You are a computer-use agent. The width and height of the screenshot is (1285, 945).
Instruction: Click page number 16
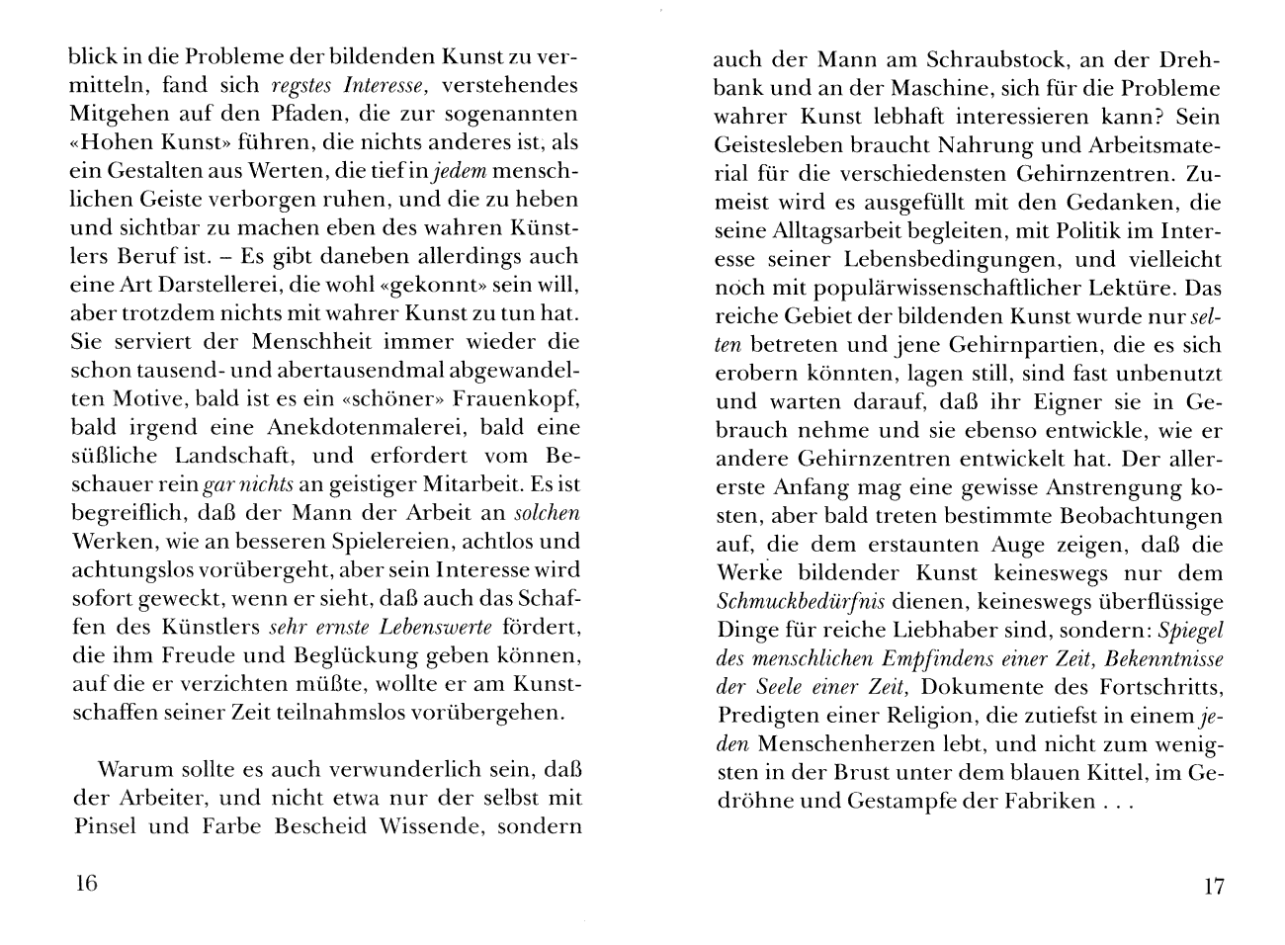[x=86, y=883]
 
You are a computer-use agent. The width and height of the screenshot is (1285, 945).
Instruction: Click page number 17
[x=1214, y=886]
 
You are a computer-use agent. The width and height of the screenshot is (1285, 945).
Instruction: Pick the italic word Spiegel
[x=1191, y=631]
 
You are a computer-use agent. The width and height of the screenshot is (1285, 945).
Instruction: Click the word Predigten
[x=766, y=717]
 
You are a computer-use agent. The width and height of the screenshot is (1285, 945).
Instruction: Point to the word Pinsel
[x=104, y=826]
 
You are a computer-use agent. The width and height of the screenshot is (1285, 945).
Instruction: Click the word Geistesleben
[x=780, y=145]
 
